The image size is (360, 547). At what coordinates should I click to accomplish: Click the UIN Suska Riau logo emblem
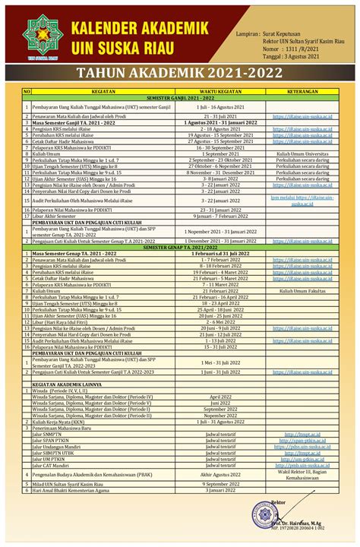point(39,36)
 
